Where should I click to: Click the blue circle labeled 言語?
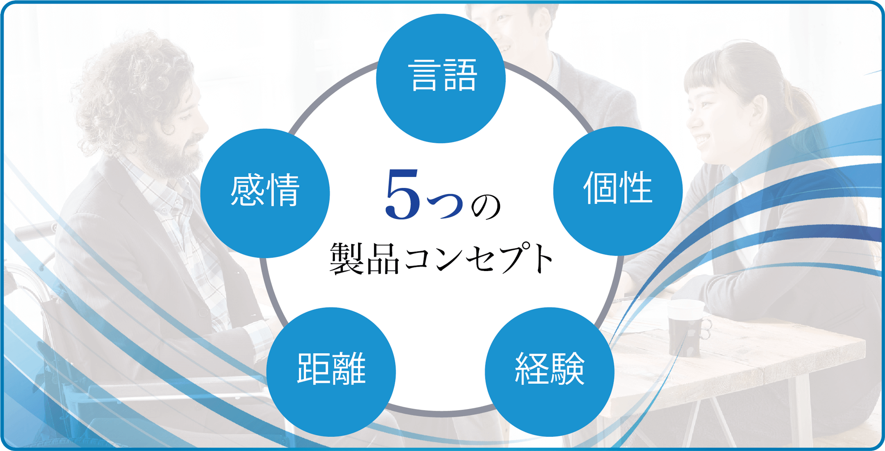pyautogui.click(x=441, y=78)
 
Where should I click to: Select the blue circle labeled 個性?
pyautogui.click(x=618, y=191)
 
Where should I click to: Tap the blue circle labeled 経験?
pyautogui.click(x=550, y=372)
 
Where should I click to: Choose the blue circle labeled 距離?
pyautogui.click(x=331, y=372)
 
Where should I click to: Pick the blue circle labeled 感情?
pyautogui.click(x=265, y=193)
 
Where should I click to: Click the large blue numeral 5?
pyautogui.click(x=402, y=195)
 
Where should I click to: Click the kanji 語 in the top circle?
pyautogui.click(x=460, y=75)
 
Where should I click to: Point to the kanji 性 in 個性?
pyautogui.click(x=636, y=187)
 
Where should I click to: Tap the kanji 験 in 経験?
pyautogui.click(x=568, y=369)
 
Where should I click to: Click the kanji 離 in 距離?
pyautogui.click(x=349, y=369)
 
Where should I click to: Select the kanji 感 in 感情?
pyautogui.click(x=247, y=190)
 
